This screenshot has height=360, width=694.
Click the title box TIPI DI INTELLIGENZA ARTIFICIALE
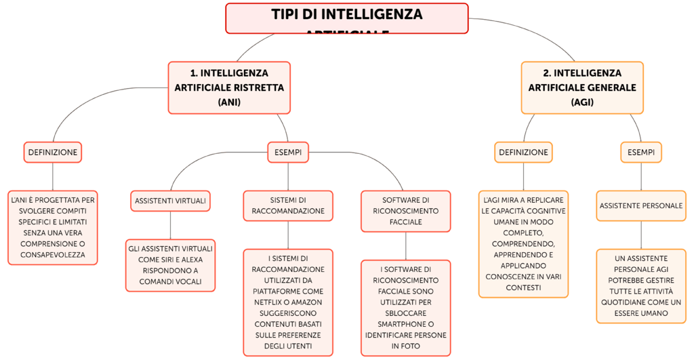point(346,18)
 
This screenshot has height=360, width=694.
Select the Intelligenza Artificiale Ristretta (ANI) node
point(229,87)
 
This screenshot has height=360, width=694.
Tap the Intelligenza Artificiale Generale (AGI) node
point(581,87)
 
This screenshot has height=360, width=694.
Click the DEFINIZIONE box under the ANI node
point(52,153)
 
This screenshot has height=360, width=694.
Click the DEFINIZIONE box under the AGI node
point(523,153)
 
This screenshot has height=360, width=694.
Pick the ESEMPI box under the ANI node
point(288,153)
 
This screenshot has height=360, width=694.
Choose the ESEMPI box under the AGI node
point(640,153)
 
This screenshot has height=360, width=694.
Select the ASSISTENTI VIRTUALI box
point(170,201)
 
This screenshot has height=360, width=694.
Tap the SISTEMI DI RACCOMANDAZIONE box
point(288,205)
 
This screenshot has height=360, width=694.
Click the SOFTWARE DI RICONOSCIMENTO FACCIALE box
point(406,211)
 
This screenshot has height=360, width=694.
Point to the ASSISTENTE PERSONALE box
point(640,205)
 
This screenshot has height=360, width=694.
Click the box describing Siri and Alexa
point(170,265)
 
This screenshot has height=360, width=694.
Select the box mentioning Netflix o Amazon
point(288,302)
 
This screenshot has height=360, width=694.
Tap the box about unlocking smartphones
point(406,307)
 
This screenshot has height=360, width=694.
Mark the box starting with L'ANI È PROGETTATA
point(52,227)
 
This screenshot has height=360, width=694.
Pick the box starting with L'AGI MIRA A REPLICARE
point(523,244)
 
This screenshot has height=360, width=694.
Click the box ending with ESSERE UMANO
point(640,286)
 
